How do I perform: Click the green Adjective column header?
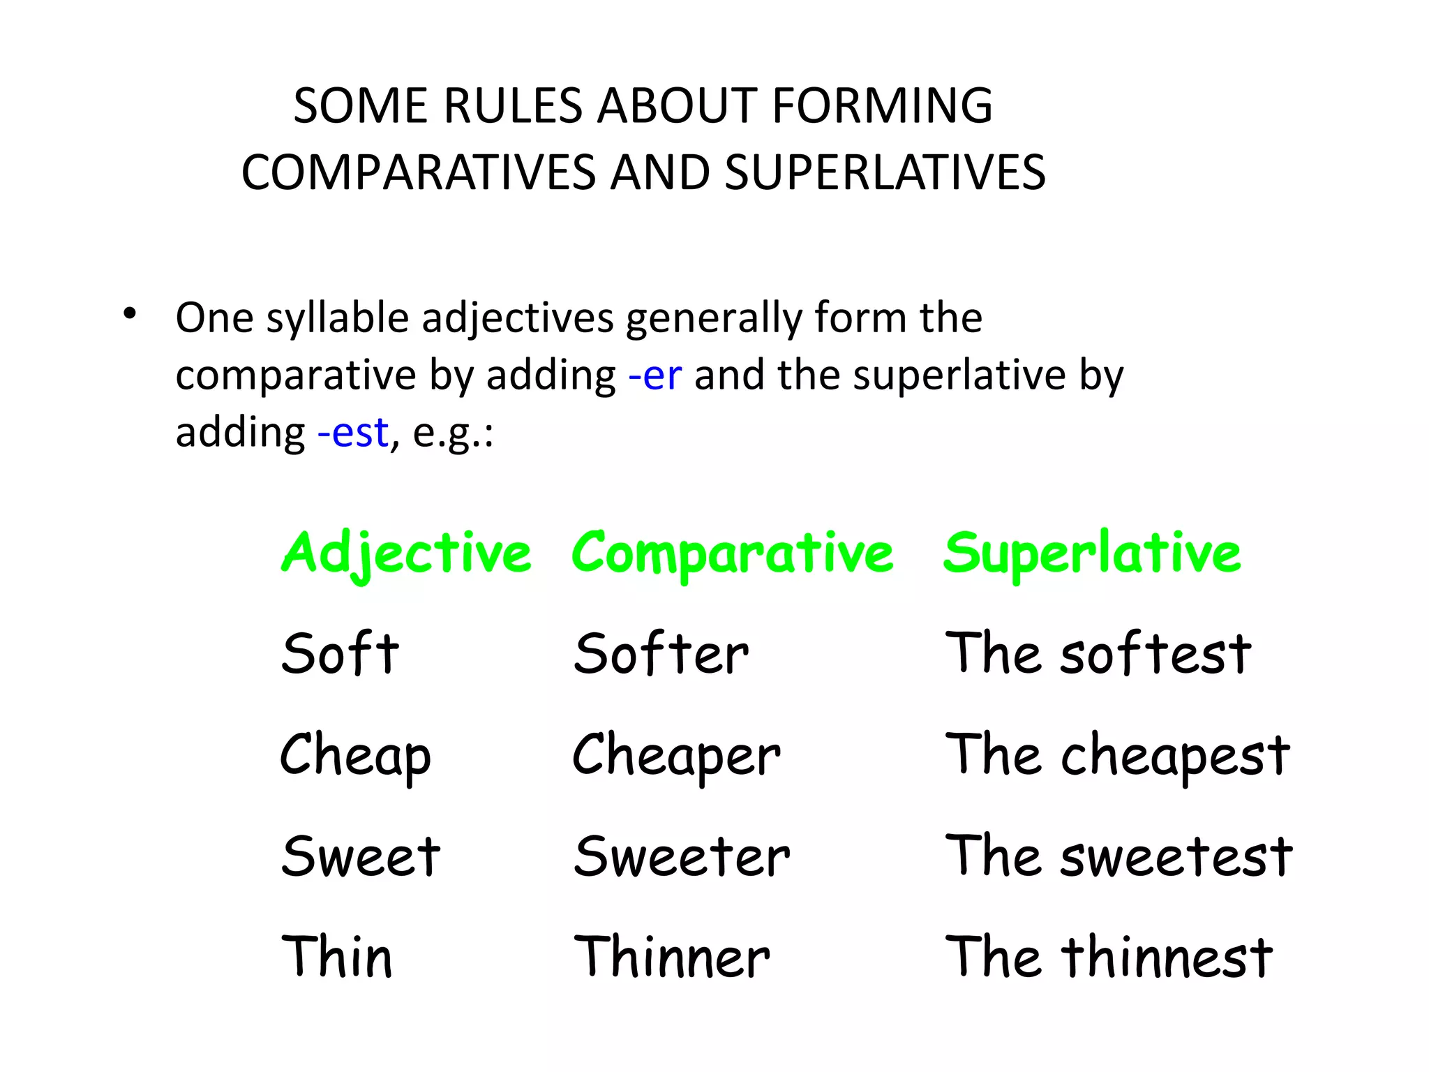(406, 553)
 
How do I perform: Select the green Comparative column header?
(732, 553)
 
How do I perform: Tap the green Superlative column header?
(1092, 552)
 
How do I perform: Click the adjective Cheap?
(355, 756)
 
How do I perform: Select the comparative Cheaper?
(676, 756)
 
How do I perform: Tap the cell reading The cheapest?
(1117, 756)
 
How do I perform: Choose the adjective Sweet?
(361, 856)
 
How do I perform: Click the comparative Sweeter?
(682, 856)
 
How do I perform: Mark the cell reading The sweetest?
(1118, 856)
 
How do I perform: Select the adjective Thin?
(337, 957)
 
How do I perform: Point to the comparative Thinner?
(671, 957)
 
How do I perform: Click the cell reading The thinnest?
(1109, 957)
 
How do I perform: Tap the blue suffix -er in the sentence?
(654, 375)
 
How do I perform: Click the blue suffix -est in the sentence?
(352, 433)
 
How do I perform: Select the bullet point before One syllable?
(128, 315)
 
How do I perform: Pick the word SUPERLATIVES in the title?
(885, 172)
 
